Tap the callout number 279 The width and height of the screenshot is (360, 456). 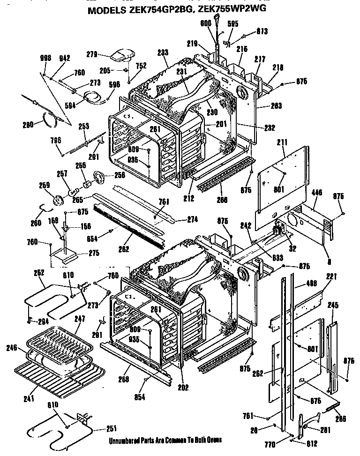coord(92,55)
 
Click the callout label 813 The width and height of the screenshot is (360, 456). coord(262,31)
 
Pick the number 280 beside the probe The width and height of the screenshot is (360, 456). coord(28,125)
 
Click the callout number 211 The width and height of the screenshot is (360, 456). coord(281,140)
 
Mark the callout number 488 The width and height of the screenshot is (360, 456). coord(311,283)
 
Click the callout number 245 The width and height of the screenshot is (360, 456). coord(333,305)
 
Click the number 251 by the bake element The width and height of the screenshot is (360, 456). coord(111,428)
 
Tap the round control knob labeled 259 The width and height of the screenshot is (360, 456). coord(58,201)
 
